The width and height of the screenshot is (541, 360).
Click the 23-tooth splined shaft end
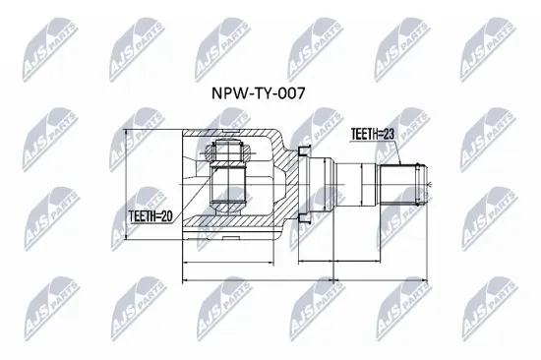coord(403,183)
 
